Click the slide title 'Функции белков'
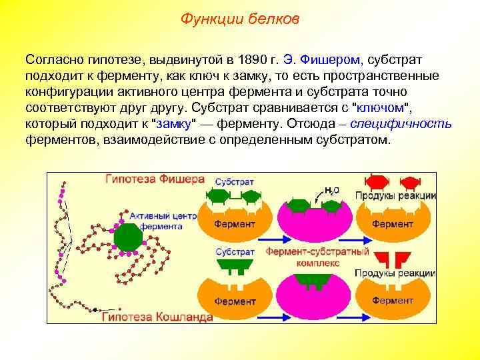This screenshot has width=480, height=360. point(240,19)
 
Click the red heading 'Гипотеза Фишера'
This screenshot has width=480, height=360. point(154,179)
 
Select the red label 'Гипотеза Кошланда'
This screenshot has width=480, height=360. point(157,317)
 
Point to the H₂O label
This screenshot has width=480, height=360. point(331,190)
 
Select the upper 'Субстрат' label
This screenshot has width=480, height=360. point(234,181)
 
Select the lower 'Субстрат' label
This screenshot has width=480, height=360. point(234,252)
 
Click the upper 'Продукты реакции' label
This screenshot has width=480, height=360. point(395,195)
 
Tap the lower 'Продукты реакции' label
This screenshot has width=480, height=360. point(395,274)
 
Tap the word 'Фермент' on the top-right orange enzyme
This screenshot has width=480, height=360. point(393,224)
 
